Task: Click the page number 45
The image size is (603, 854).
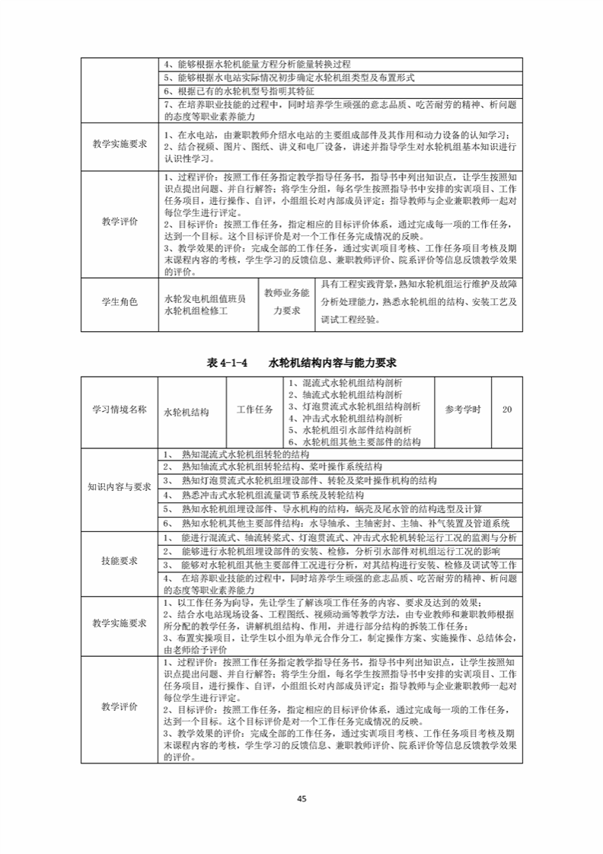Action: pyautogui.click(x=301, y=798)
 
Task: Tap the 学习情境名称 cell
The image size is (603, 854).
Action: pyautogui.click(x=120, y=409)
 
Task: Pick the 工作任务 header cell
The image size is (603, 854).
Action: pyautogui.click(x=255, y=409)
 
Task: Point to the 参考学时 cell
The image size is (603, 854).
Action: pyautogui.click(x=463, y=409)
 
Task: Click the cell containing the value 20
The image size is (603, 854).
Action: pyautogui.click(x=507, y=409)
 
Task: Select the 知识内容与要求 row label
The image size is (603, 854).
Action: pyautogui.click(x=120, y=487)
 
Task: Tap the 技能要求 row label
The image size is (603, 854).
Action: pyautogui.click(x=120, y=561)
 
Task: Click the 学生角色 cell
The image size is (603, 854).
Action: pyautogui.click(x=120, y=302)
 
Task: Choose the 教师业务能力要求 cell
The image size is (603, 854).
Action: pyautogui.click(x=286, y=301)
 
